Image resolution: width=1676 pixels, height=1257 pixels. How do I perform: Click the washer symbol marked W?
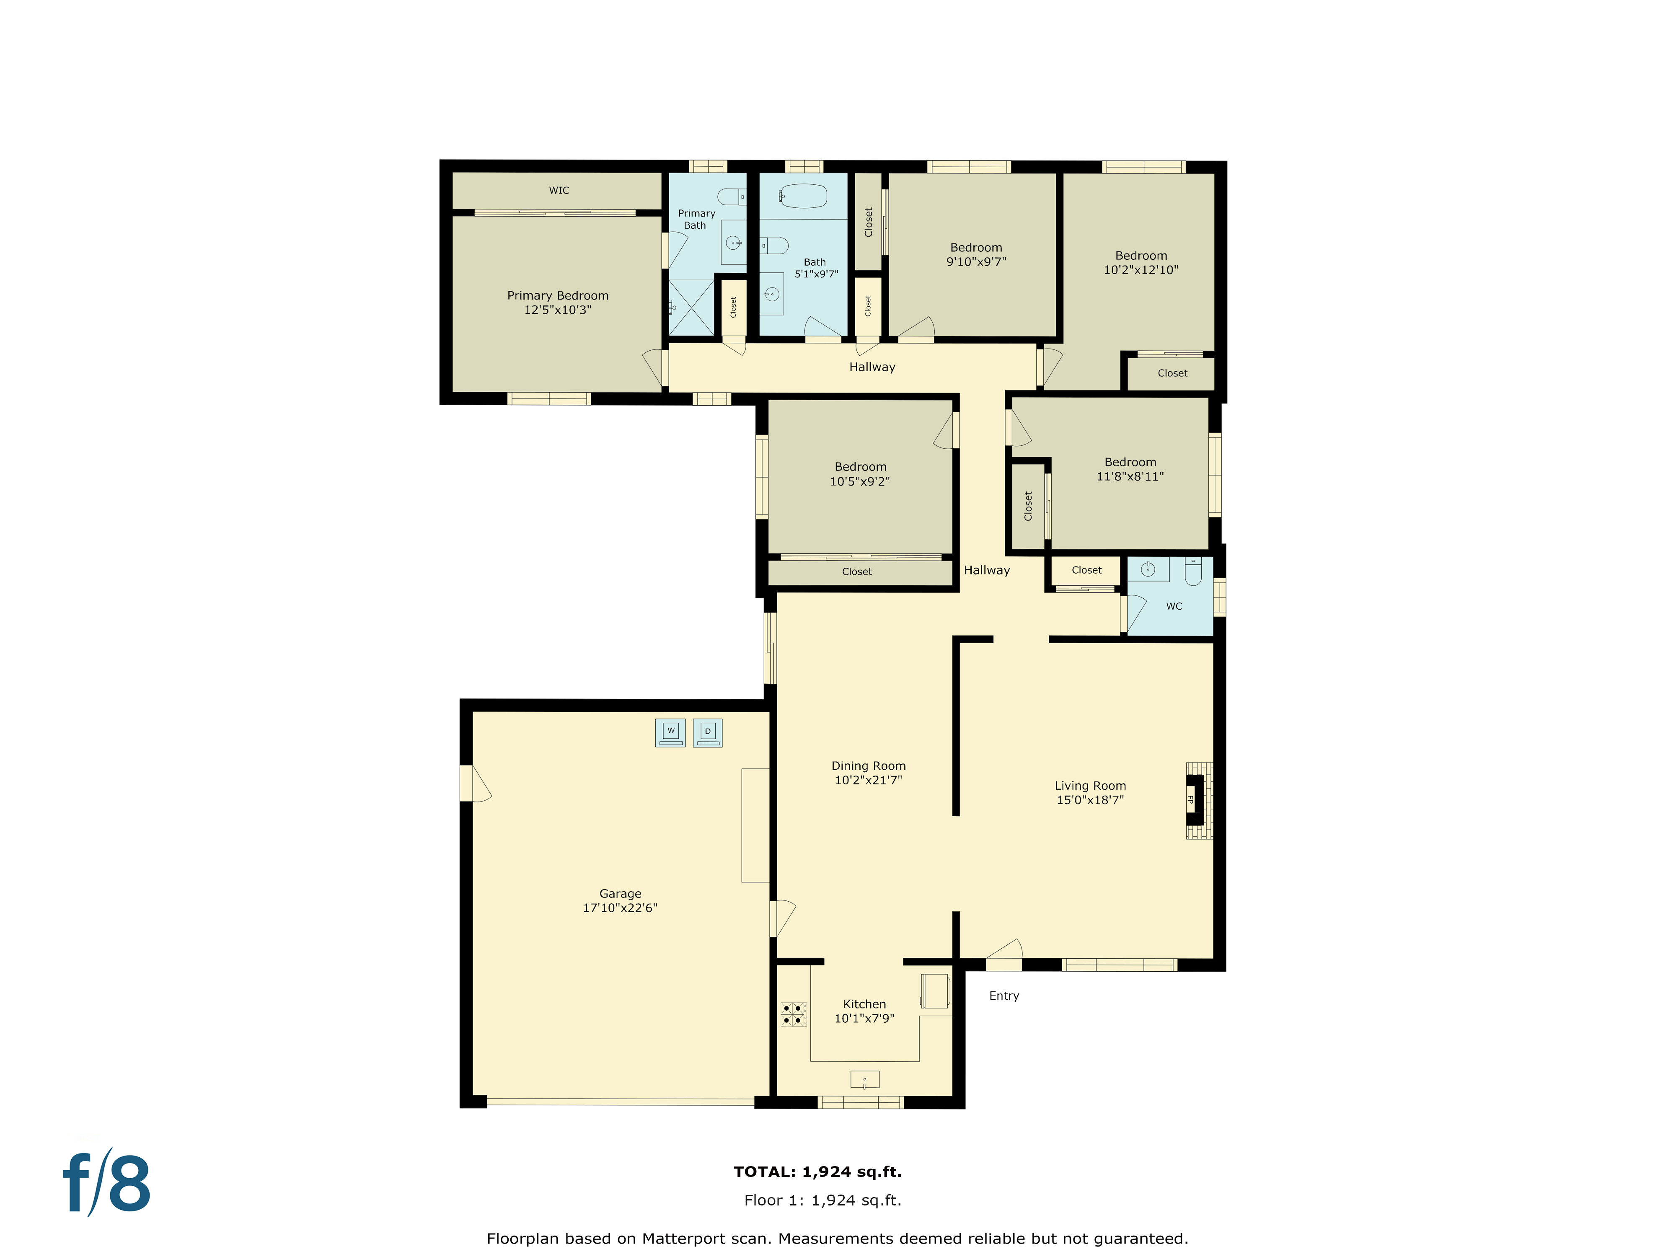(670, 732)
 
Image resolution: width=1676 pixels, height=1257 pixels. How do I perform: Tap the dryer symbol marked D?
(708, 732)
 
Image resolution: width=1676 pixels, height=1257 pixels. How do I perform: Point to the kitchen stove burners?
(793, 1014)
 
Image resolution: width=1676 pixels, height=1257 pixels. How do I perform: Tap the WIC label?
(559, 190)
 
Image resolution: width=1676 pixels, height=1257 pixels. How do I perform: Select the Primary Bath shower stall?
(691, 307)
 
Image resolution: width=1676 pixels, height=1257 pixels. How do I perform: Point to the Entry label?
(1004, 996)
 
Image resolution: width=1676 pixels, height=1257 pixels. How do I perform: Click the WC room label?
(1174, 606)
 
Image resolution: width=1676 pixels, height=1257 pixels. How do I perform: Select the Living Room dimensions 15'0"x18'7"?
(1090, 800)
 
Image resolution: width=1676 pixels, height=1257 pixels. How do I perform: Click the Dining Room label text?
(868, 766)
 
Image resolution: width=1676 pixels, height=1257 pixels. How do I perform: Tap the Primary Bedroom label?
(558, 295)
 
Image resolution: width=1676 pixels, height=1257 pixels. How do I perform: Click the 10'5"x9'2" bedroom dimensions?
(860, 481)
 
